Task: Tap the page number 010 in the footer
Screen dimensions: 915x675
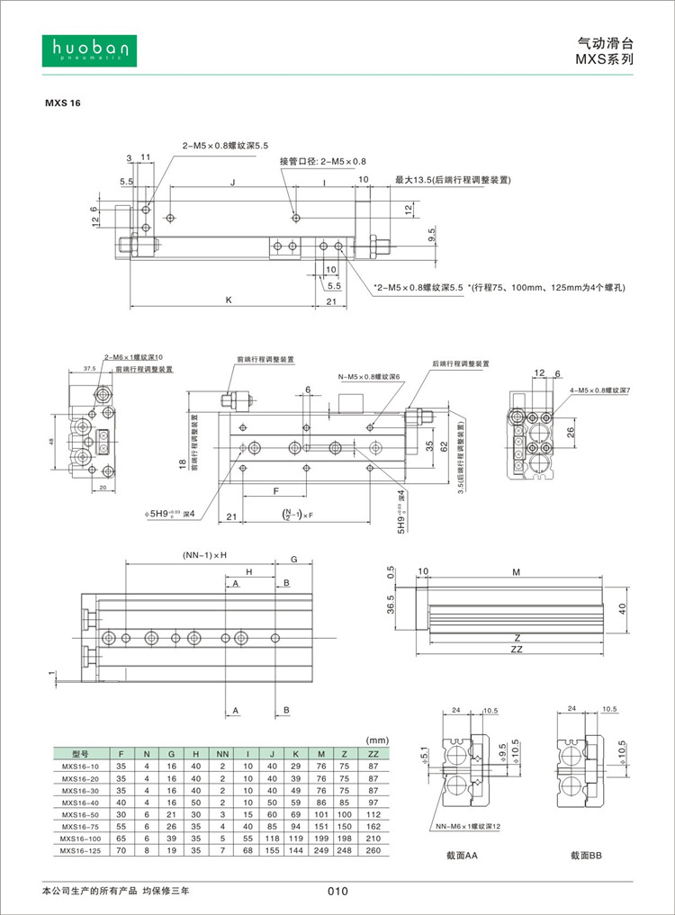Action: pyautogui.click(x=337, y=892)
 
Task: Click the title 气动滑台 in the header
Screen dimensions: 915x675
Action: pyautogui.click(x=605, y=41)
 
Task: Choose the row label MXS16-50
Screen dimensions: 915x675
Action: pyautogui.click(x=80, y=813)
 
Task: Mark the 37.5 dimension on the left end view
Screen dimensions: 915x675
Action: pyautogui.click(x=89, y=368)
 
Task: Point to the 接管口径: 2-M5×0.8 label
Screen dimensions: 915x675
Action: pyautogui.click(x=323, y=161)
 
